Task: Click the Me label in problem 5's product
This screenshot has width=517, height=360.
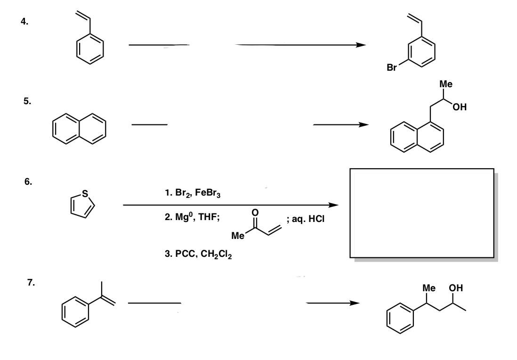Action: tap(445, 84)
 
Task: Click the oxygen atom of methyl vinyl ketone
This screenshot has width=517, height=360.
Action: tap(255, 213)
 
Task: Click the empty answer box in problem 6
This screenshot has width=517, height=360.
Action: tap(422, 212)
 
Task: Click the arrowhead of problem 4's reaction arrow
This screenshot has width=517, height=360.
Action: tap(360, 45)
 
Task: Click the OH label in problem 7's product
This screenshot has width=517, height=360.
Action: tap(455, 287)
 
